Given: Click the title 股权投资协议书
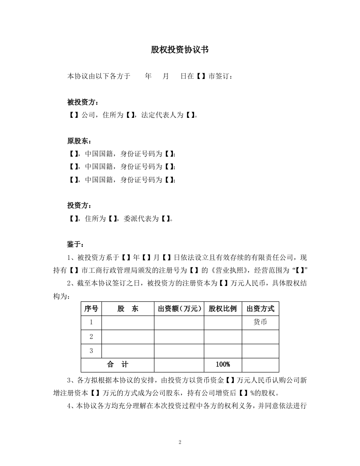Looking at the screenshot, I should coord(180,50).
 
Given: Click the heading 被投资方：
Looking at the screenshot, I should coord(80,102).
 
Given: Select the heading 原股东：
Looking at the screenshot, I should coord(80,141).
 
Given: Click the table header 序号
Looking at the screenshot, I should coord(91,309).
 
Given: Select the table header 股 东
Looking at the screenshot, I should coord(127,309).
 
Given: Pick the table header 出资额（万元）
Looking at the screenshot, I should coord(179,309).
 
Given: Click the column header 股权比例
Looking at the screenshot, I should coord(222,309).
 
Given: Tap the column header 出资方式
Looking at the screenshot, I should coord(260,309).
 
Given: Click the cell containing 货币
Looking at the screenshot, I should coord(260,323).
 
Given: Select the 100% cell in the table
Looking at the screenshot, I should coord(222,365).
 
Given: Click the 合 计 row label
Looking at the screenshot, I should coord(117,365).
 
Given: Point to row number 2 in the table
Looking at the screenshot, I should coord(91,337).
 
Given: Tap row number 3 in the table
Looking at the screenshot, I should coord(91,351).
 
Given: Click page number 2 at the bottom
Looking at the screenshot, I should coord(180,442).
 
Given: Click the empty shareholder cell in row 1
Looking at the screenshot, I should coord(127,323).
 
